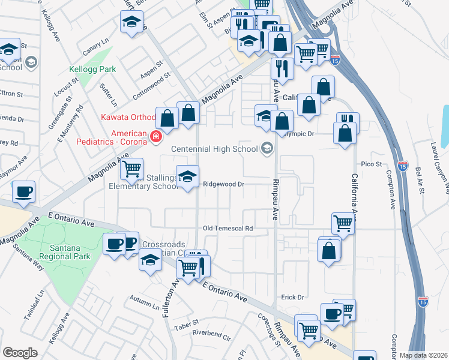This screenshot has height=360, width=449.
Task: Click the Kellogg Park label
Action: pyautogui.click(x=92, y=70)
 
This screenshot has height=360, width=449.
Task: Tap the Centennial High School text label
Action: pyautogui.click(x=214, y=149)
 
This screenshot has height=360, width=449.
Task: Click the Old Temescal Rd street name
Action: pyautogui.click(x=228, y=229)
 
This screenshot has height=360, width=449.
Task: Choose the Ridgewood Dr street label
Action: pyautogui.click(x=223, y=184)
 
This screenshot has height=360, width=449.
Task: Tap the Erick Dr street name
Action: pyautogui.click(x=293, y=297)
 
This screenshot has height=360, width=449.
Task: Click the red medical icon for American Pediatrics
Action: pyautogui.click(x=156, y=137)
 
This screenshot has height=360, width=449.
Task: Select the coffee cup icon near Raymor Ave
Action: pyautogui.click(x=24, y=192)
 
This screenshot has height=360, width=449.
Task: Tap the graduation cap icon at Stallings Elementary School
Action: pyautogui.click(x=188, y=176)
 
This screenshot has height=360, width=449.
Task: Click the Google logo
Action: pyautogui.click(x=19, y=352)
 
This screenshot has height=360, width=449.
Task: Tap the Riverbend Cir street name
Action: pyautogui.click(x=211, y=334)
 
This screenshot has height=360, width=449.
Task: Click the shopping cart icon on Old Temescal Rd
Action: pyautogui.click(x=343, y=223)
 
